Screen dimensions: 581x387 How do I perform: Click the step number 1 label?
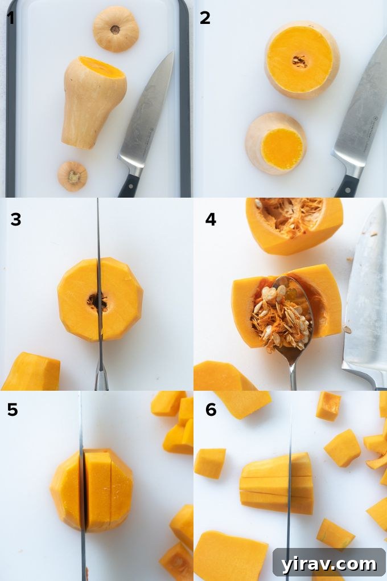[x=11, y=18]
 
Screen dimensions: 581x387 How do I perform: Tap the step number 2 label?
[x=205, y=18]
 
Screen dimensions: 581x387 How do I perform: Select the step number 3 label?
[x=15, y=219]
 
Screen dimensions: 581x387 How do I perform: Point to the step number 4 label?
[x=211, y=219]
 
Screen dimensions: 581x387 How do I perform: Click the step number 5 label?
[x=12, y=410]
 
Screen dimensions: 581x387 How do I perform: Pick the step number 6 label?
[x=211, y=410]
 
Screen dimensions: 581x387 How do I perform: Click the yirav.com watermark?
[x=328, y=564]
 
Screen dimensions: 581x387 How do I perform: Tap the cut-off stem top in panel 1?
[x=116, y=28]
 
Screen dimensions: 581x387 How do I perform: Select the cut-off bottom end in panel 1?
[x=72, y=176]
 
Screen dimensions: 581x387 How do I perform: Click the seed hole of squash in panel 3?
[x=97, y=301]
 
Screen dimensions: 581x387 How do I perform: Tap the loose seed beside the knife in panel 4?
[x=347, y=330]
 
